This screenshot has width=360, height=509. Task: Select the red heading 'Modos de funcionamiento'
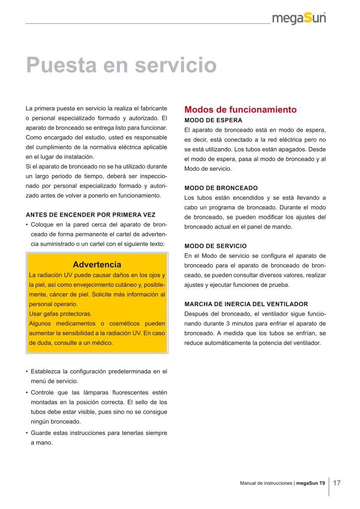[x=240, y=109]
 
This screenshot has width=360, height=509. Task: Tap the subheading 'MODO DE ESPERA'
[x=213, y=120]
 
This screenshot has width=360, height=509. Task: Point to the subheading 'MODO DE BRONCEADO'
[x=221, y=188]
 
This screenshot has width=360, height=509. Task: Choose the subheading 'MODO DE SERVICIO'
[x=215, y=246]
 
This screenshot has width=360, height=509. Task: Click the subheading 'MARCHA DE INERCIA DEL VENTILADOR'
[x=246, y=304]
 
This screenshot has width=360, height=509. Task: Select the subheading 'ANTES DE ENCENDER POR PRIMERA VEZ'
[x=90, y=215]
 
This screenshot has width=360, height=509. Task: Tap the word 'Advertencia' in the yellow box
[x=96, y=264]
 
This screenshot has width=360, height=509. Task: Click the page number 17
[x=337, y=483]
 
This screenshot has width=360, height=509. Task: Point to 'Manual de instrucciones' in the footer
[x=266, y=483]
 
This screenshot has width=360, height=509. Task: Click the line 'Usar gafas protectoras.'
[x=61, y=314]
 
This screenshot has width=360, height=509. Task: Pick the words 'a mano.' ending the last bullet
[x=41, y=442]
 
